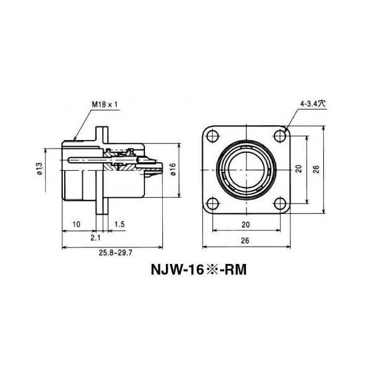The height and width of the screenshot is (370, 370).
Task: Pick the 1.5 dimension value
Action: [x=119, y=224]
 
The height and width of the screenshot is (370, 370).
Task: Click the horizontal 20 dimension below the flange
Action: [x=246, y=224]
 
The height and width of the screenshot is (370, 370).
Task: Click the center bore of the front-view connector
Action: [x=246, y=170]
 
